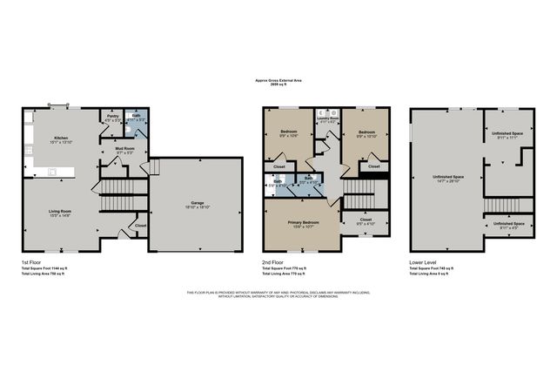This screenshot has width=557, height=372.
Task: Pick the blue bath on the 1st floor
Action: [137, 118]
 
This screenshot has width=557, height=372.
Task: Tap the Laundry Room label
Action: [328, 118]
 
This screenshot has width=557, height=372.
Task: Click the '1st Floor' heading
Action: [32, 260]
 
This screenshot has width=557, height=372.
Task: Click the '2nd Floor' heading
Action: [276, 260]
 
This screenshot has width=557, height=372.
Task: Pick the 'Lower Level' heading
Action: [424, 260]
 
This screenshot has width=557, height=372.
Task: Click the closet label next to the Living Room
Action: [141, 226]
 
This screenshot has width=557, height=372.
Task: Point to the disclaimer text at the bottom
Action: [278, 294]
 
